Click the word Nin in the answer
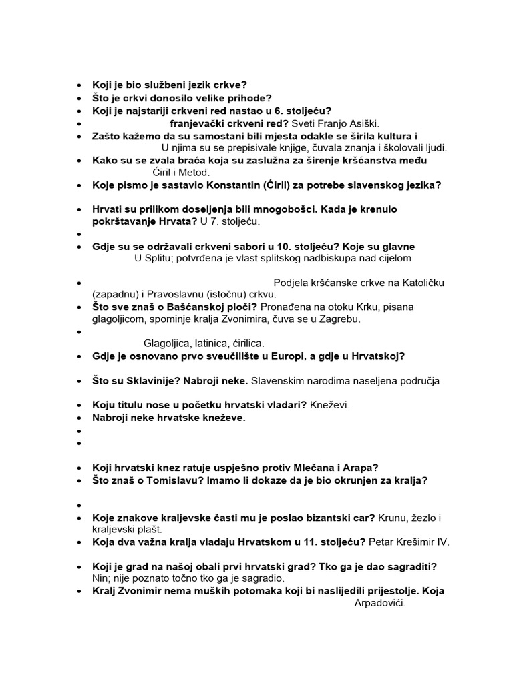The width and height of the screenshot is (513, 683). click(100, 578)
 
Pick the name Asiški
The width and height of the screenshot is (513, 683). click(360, 123)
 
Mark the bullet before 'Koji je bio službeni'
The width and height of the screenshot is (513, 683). click(79, 85)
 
